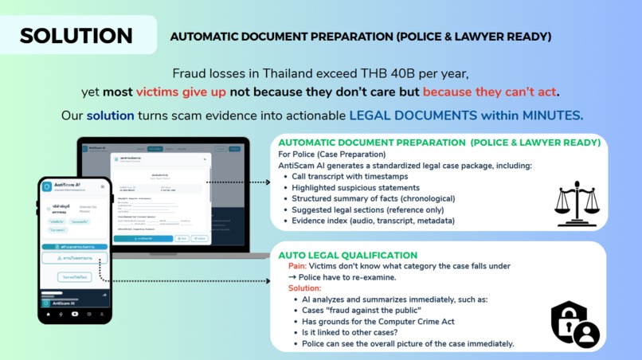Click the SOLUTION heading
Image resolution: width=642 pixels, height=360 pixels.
(x=76, y=36)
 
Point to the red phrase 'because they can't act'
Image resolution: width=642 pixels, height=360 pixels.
(x=489, y=90)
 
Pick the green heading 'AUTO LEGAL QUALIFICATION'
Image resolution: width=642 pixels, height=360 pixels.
(x=347, y=255)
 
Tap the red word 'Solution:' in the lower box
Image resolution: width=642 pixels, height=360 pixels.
(x=299, y=288)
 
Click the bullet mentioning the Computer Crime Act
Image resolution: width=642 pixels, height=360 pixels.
(x=374, y=321)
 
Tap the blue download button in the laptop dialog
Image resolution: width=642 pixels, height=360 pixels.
(x=143, y=238)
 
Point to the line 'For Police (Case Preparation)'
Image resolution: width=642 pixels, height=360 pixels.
(x=331, y=154)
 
